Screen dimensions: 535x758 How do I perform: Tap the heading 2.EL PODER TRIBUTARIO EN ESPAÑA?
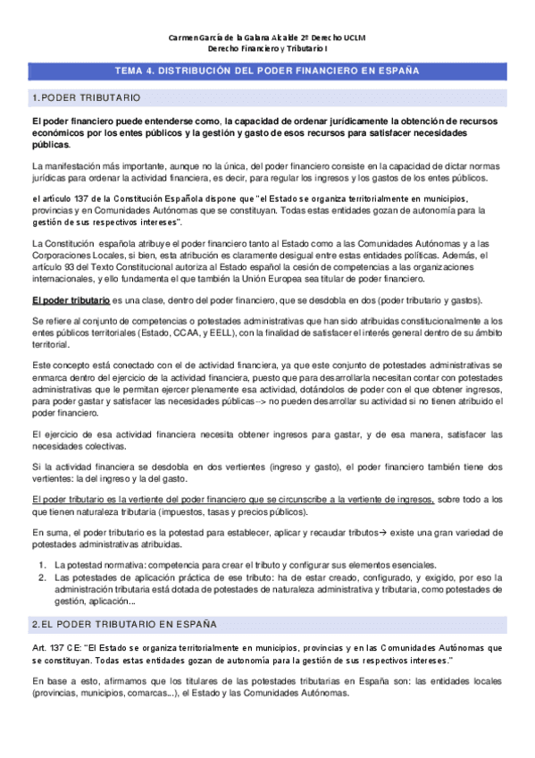(122, 622)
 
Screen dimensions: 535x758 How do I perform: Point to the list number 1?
(42, 565)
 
